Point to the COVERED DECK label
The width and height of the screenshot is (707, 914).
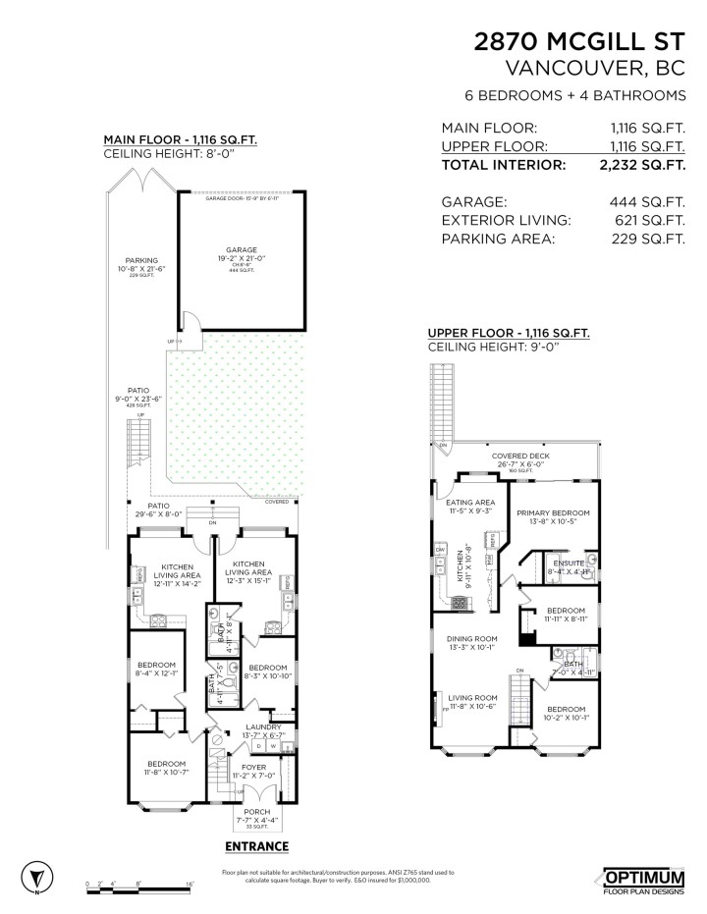(521, 457)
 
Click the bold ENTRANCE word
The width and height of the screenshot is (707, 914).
(256, 846)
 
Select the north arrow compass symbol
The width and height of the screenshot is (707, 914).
(35, 876)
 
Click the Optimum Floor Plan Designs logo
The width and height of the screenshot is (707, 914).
(643, 880)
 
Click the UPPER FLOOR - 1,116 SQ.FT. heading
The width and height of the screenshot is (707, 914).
(509, 334)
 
